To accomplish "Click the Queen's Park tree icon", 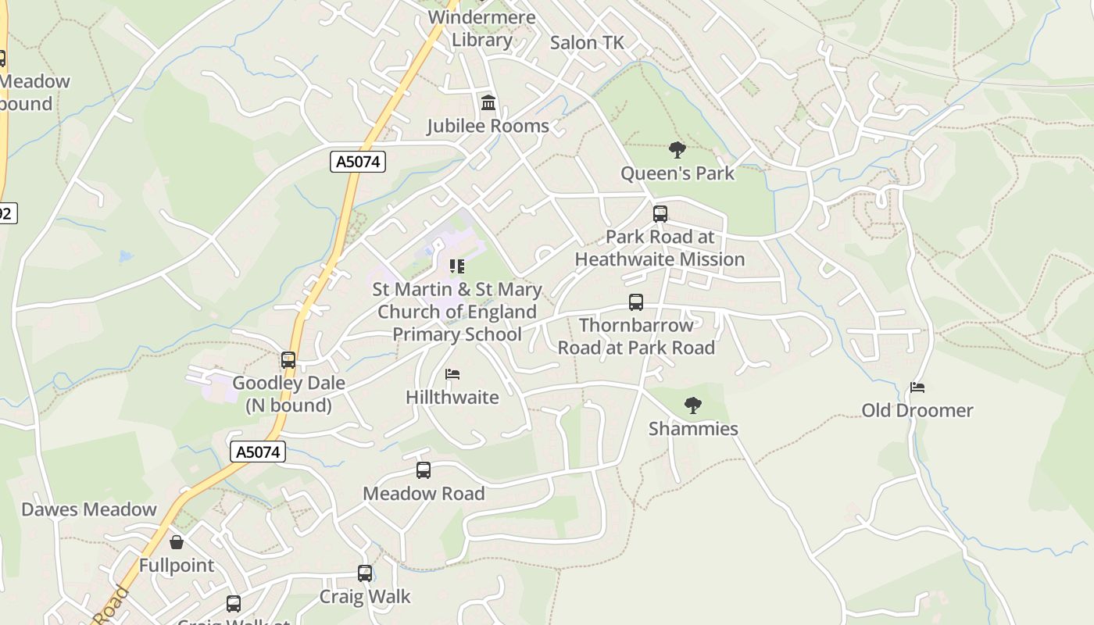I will pos(677,149).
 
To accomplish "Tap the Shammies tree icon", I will pos(692,405).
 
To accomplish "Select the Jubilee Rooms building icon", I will pos(488,102).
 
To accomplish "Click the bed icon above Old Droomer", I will pos(917,387).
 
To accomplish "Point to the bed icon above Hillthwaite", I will pos(452,374).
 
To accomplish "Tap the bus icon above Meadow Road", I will pos(424,470).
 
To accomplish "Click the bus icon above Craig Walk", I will pos(365,573).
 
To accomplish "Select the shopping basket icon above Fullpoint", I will pos(177,541).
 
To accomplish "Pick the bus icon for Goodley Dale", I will pos(288,360).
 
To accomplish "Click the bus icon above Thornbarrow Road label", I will pos(636,302).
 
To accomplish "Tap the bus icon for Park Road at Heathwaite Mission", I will pos(660,213).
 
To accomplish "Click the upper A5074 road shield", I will pos(358,162).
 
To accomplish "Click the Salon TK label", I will pos(587,43).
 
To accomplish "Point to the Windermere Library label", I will pos(482,29).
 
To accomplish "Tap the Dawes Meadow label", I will pos(89,509).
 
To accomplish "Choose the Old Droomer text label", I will pos(917,410).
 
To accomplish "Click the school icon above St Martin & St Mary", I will pos(457,266).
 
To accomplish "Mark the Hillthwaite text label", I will pos(452,397).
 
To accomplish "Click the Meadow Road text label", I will pos(424,494).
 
